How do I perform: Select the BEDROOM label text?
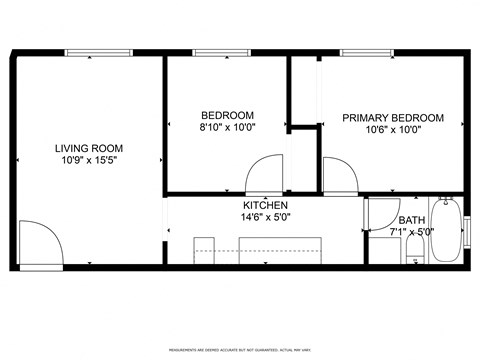coord(227,115)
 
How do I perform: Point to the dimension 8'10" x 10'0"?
coord(227,127)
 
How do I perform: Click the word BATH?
coord(411,221)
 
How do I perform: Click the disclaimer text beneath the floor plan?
coord(241,350)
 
